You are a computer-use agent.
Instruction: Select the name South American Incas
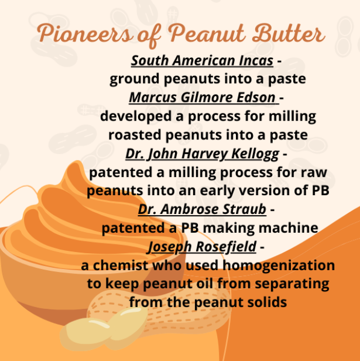point(202,61)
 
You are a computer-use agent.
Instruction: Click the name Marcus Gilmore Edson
point(202,97)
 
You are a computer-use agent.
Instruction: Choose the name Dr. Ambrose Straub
point(202,210)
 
